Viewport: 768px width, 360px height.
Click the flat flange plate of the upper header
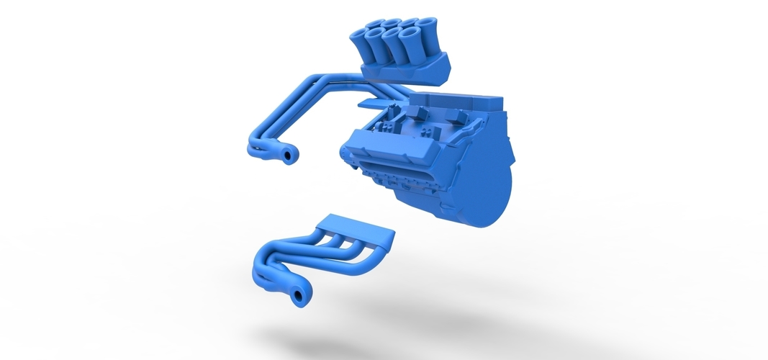pos(385,102)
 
